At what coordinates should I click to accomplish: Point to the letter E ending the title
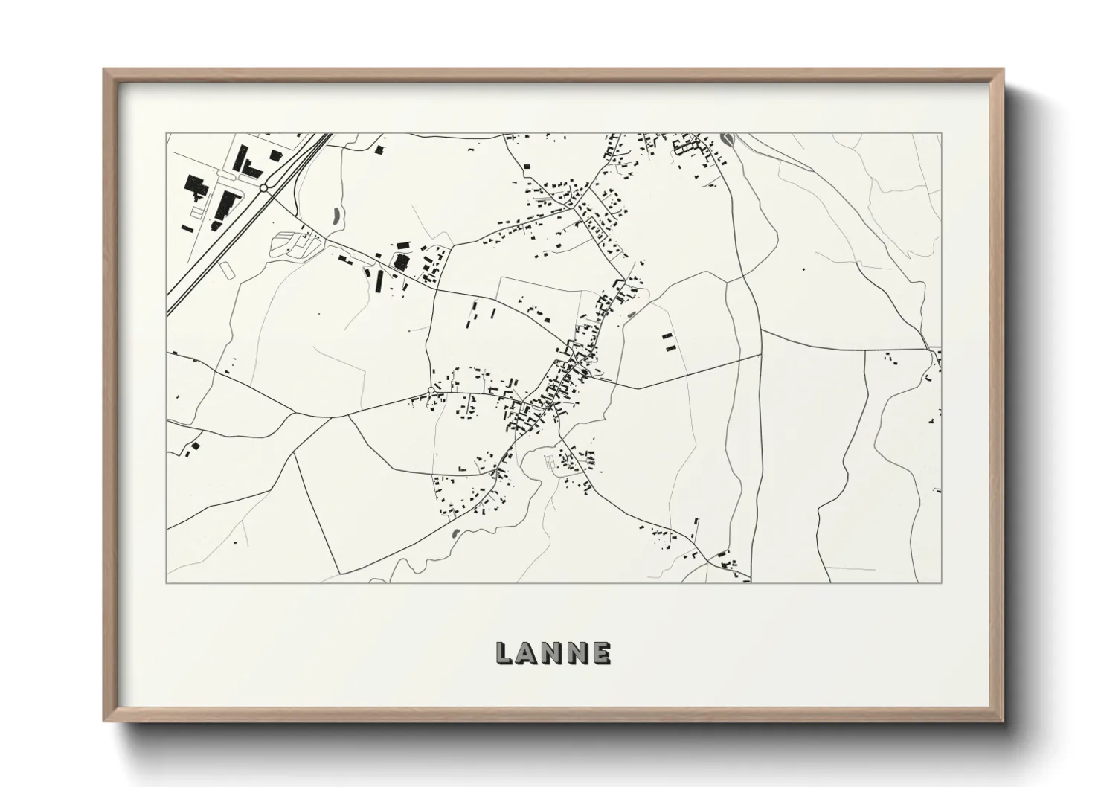click(601, 653)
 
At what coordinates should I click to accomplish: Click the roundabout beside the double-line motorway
click(264, 189)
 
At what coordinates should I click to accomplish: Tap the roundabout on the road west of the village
click(431, 390)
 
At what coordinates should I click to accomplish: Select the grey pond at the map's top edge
click(727, 139)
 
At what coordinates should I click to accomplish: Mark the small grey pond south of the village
click(455, 533)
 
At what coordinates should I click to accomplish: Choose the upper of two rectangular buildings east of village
click(667, 337)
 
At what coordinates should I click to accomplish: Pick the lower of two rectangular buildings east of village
click(667, 347)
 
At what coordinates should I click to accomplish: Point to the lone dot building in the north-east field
click(803, 269)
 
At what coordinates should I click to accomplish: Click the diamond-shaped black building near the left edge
click(196, 446)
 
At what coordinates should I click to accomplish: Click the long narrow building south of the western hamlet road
click(379, 280)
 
